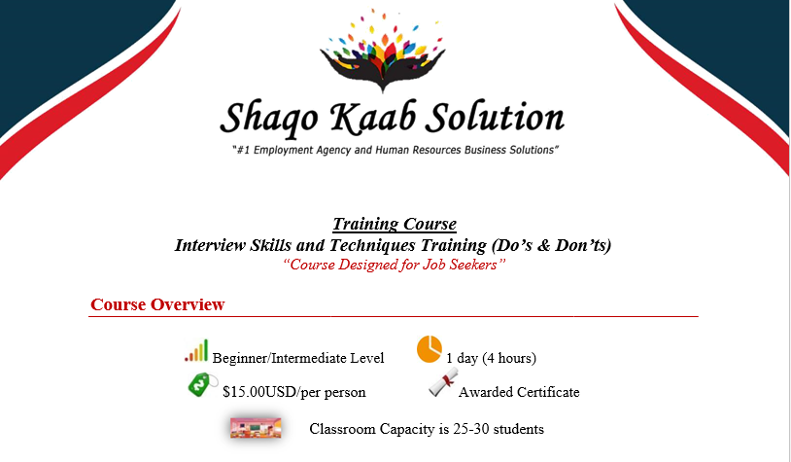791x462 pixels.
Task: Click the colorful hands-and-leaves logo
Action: pos(383,51)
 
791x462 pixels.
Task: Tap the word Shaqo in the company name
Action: pos(269,119)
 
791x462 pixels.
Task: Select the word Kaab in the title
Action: pos(372,117)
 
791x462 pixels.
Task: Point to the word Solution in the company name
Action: pos(495,117)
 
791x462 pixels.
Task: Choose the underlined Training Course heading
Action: pos(395,224)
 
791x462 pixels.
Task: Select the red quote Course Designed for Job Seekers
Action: pos(394,265)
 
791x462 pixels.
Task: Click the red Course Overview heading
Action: pos(157,304)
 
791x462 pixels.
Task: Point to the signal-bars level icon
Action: pos(196,350)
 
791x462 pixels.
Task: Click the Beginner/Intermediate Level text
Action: pos(298,358)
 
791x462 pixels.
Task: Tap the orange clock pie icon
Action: pos(430,349)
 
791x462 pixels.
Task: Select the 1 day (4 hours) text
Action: pos(491,358)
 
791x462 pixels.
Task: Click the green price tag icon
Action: pos(203,385)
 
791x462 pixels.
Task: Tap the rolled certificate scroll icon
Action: pos(444,381)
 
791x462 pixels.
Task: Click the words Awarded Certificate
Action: pos(519,392)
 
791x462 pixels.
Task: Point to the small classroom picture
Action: pos(256,428)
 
